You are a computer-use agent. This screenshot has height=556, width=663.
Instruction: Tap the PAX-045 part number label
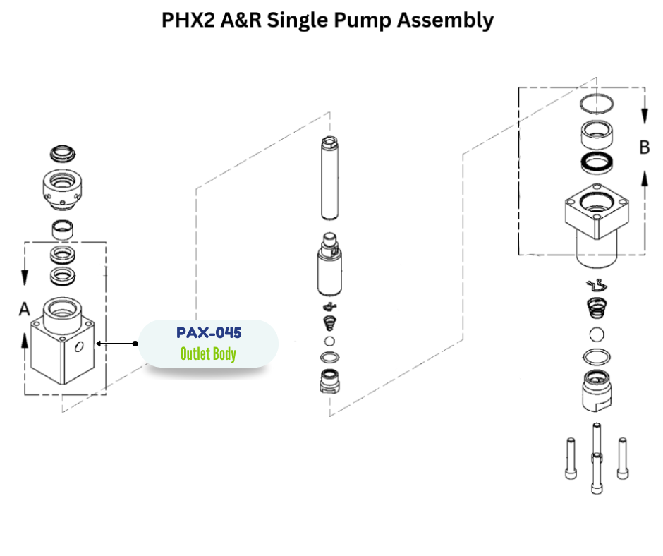coord(208,332)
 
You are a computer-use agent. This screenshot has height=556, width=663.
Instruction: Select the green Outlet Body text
coord(208,353)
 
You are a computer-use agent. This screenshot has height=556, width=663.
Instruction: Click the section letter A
coord(25,309)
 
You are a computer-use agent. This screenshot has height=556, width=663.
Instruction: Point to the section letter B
coord(644,147)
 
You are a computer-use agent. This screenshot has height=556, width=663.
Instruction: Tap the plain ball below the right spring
coord(596,334)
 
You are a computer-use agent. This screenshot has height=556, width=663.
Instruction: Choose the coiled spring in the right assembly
coord(597,308)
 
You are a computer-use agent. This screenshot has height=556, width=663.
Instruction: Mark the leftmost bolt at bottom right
coord(570,459)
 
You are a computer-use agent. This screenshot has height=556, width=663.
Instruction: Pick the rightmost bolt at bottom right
coord(622,457)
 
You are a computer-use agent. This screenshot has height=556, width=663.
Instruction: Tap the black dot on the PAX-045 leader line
coord(135,344)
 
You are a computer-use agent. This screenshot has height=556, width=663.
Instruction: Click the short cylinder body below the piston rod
coord(329,268)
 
